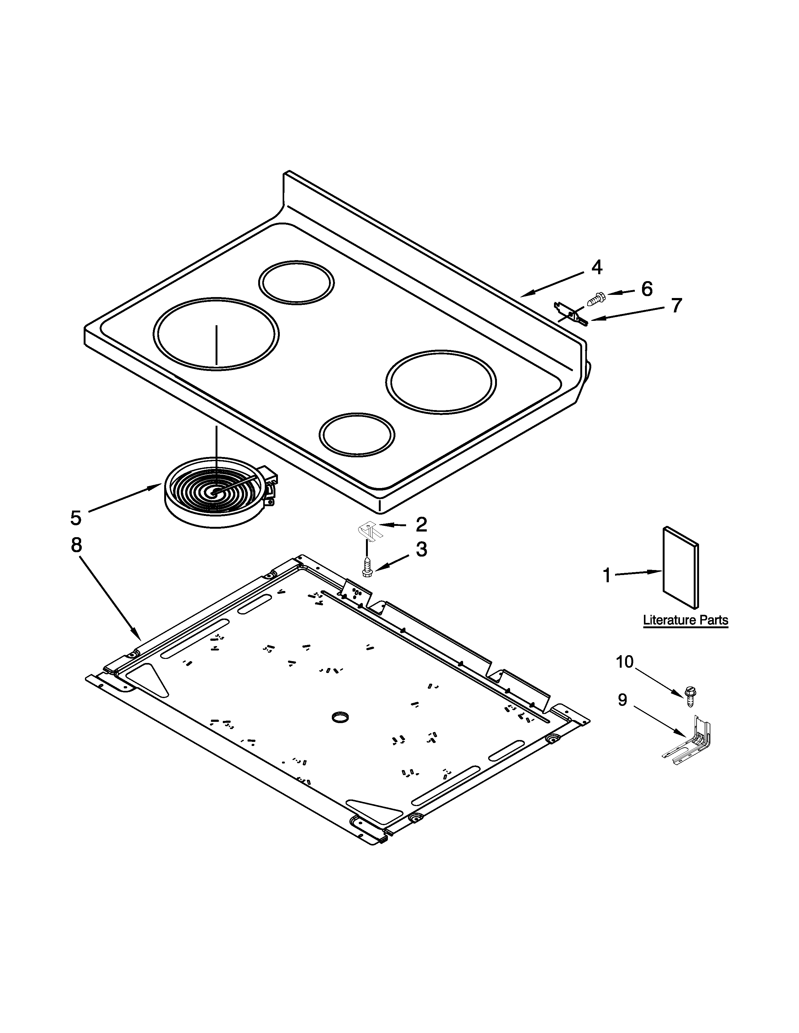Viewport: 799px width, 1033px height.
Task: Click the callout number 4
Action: [597, 268]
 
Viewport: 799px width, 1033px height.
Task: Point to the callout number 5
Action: [76, 518]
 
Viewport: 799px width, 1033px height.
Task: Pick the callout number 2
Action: [421, 525]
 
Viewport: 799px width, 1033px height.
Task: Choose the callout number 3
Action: [421, 550]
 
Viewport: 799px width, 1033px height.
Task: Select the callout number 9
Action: [623, 700]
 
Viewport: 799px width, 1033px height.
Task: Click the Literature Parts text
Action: [685, 620]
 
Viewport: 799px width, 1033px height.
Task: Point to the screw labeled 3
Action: [367, 567]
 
